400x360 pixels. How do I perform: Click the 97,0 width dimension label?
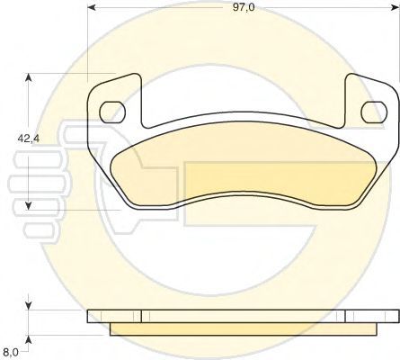[x=244, y=7]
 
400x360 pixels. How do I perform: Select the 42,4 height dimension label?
[x=29, y=139]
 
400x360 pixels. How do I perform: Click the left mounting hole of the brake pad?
[x=111, y=112]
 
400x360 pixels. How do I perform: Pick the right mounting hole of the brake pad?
[x=374, y=112]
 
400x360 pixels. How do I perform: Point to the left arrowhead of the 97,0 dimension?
[x=92, y=7]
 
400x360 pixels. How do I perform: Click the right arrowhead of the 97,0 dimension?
[x=396, y=7]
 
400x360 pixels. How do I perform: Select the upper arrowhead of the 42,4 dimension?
[x=28, y=77]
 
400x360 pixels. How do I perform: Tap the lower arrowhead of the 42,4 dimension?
[x=28, y=205]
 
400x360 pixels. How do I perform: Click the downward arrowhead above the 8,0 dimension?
[x=28, y=305]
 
